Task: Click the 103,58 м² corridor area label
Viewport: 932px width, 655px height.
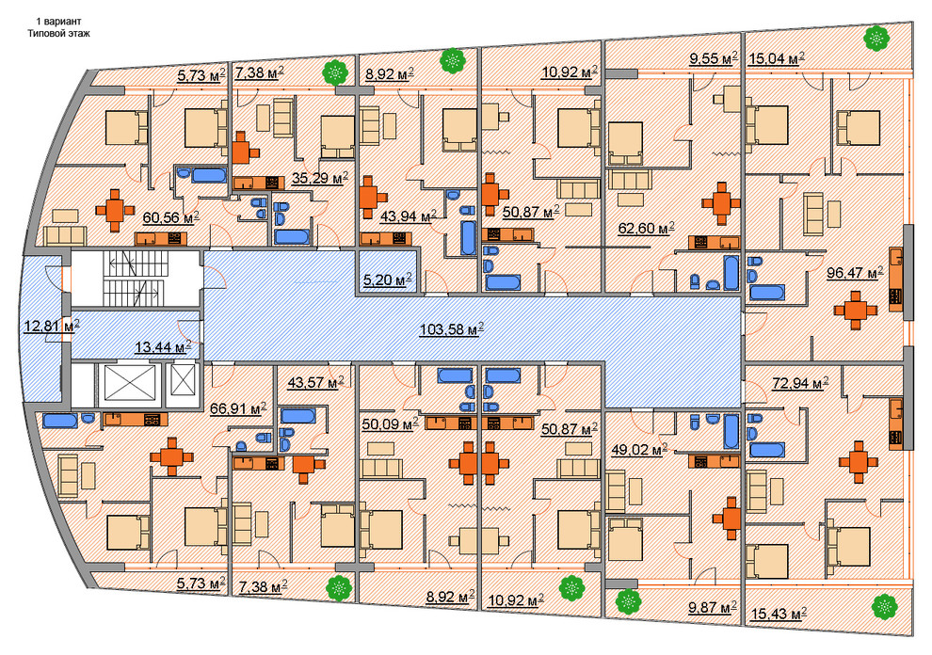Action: click(452, 328)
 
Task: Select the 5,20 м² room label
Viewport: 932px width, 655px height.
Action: click(388, 279)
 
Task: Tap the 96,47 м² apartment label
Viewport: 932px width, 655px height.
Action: click(855, 274)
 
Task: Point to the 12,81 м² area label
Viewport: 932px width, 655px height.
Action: click(52, 326)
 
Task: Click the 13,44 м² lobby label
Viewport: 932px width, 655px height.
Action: click(163, 346)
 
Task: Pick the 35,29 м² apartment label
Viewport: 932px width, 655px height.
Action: click(320, 178)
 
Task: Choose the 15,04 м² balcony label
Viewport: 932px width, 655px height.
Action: click(777, 57)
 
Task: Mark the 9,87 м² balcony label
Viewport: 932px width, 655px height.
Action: click(712, 607)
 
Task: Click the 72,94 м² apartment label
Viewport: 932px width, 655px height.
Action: click(800, 383)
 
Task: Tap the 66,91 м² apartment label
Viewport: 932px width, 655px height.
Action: click(238, 409)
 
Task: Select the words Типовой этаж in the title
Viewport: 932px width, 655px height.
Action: click(59, 34)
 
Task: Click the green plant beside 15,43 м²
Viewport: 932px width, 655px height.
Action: click(884, 607)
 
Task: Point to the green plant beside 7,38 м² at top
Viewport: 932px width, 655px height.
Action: click(335, 72)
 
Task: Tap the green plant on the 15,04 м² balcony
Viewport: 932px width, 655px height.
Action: click(876, 39)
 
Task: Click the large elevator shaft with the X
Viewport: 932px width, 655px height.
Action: click(130, 383)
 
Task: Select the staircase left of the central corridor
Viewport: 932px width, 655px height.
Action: click(135, 280)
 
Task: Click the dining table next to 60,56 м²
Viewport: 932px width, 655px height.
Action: click(115, 210)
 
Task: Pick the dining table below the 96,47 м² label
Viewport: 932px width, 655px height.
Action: click(856, 311)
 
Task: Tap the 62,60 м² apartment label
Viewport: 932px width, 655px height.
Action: click(646, 228)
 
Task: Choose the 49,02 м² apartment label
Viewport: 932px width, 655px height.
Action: click(639, 449)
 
